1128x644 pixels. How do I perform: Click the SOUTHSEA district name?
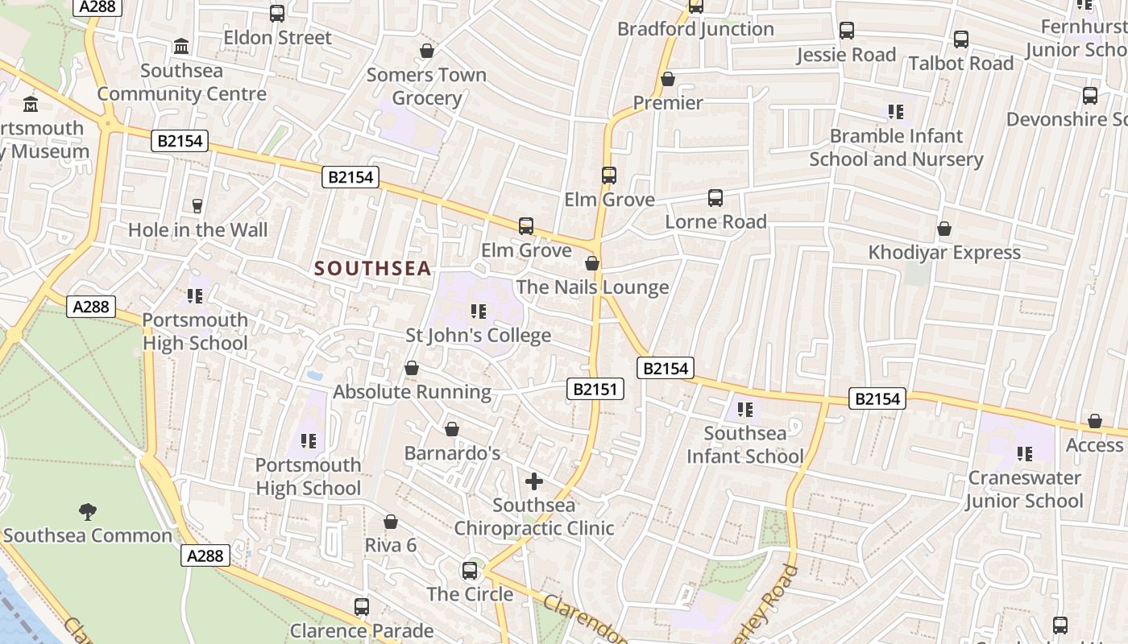pos(373,269)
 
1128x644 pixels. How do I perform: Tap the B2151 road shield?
pos(595,390)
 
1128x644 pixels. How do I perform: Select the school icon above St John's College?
pos(479,312)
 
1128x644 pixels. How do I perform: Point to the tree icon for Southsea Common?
pos(87,511)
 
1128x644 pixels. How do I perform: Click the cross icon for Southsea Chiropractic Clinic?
pos(533,481)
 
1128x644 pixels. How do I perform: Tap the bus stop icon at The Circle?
pos(470,571)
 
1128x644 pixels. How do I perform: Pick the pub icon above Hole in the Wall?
pos(197,206)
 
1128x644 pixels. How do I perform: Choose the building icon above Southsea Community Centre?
pos(181,46)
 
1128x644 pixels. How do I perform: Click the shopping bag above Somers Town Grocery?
pos(426,52)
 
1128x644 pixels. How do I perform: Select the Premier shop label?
pos(668,103)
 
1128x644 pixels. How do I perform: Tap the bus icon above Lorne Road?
pos(715,198)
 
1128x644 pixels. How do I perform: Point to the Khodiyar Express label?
pos(944,253)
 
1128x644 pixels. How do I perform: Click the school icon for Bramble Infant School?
pos(896,112)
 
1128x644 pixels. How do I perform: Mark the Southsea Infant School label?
pos(744,445)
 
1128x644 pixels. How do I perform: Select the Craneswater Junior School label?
pos(1024,489)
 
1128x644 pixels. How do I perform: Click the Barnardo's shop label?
pos(452,453)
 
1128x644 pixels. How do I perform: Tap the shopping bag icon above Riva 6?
pos(391,522)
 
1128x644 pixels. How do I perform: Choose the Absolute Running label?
pos(412,392)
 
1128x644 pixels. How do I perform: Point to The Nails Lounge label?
pos(592,287)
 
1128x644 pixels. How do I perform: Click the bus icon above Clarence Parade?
pos(362,607)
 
